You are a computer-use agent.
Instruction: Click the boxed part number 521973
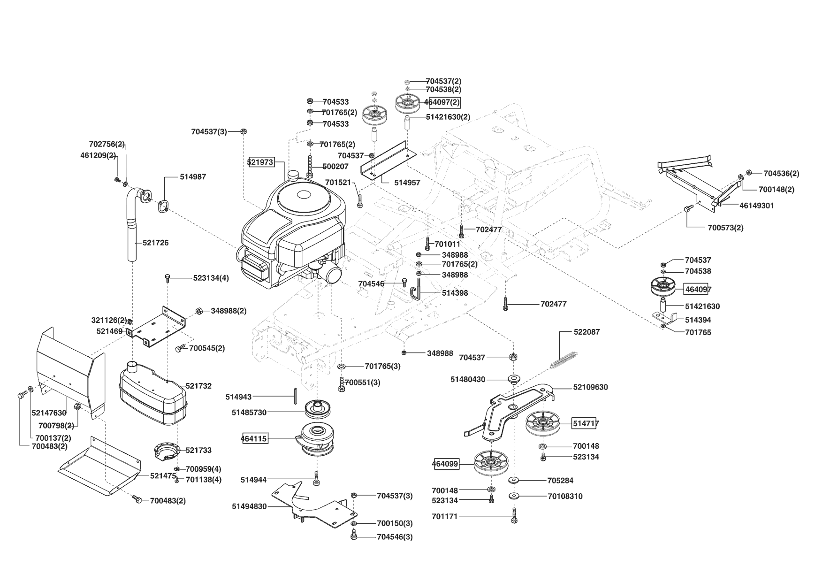click(x=260, y=162)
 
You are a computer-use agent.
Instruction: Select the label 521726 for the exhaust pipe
click(x=156, y=243)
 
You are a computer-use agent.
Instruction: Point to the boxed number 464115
click(x=254, y=439)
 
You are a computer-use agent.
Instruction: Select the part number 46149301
click(x=757, y=206)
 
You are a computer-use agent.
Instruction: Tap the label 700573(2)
click(x=725, y=228)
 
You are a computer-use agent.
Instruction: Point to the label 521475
click(x=163, y=475)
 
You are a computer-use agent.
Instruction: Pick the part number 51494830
click(x=249, y=506)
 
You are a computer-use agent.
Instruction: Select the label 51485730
click(x=249, y=412)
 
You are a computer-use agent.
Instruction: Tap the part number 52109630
click(x=590, y=387)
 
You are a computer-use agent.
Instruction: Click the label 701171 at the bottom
click(x=444, y=517)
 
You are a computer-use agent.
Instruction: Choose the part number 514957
click(x=407, y=183)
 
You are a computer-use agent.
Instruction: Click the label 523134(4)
click(x=211, y=278)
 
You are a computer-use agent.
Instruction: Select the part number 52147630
click(x=49, y=413)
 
